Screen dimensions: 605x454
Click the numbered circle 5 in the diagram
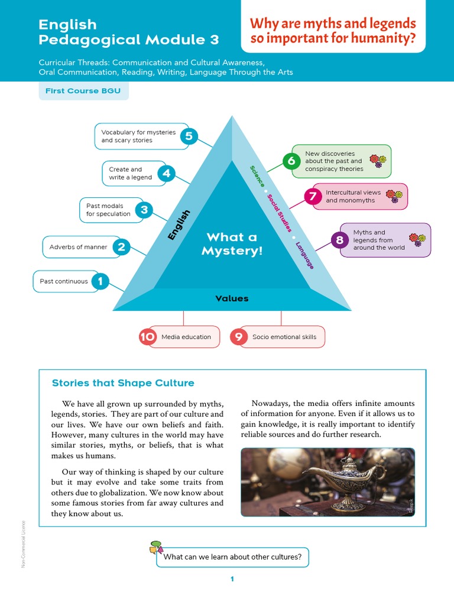[x=189, y=136]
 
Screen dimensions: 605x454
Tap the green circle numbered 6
[x=291, y=161]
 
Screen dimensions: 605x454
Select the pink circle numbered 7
[x=313, y=196]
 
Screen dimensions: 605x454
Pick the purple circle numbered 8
[x=339, y=240]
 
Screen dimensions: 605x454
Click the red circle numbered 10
[x=147, y=337]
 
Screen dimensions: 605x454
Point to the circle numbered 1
[x=100, y=281]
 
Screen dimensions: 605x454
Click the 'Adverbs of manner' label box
[x=79, y=247]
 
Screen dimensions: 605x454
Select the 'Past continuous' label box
[x=64, y=281]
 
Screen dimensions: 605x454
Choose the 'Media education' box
[x=186, y=337]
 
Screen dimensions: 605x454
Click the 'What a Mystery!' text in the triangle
[x=232, y=244]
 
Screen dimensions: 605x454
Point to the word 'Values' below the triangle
[x=232, y=298]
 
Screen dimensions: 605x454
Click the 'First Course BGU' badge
[x=83, y=92]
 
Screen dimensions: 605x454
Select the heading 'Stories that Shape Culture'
[x=123, y=383]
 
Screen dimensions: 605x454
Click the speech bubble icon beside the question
[x=156, y=548]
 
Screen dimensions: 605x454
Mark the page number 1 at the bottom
[x=232, y=579]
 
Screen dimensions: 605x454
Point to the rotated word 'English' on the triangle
[x=179, y=225]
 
